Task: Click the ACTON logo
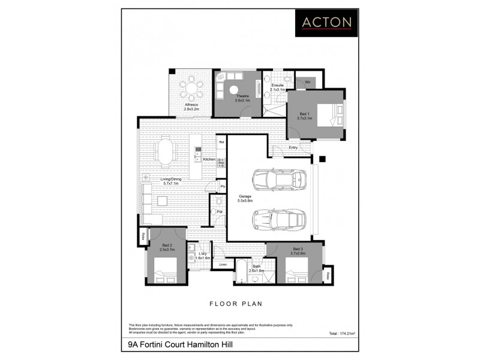click(x=327, y=22)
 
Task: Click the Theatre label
click(x=242, y=97)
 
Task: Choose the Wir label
click(x=307, y=82)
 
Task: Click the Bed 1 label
click(x=305, y=116)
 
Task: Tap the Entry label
click(x=293, y=148)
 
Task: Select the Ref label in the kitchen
click(x=221, y=142)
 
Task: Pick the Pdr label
click(x=220, y=212)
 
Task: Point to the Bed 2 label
click(x=167, y=247)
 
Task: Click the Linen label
click(x=223, y=264)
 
